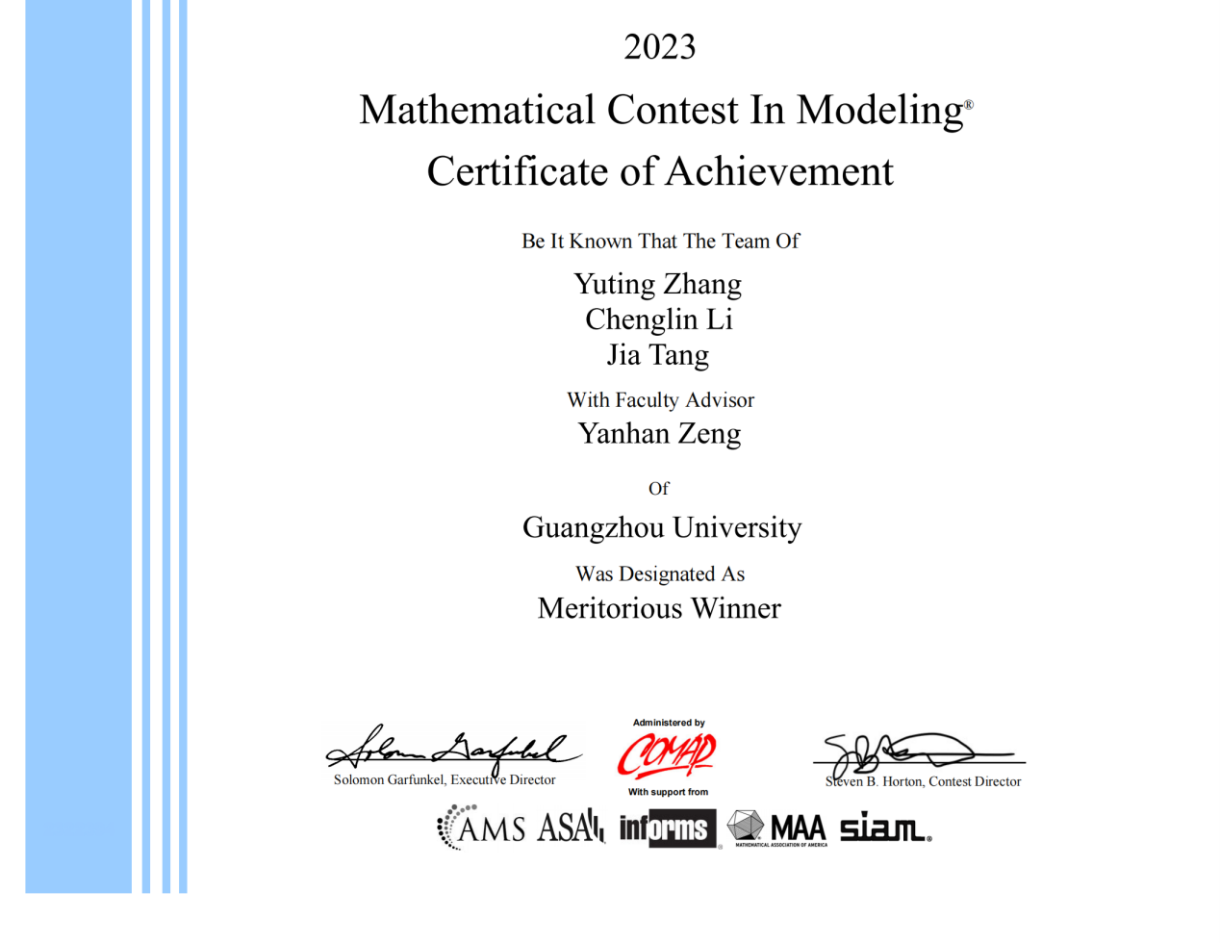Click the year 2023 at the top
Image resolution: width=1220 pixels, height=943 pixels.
pos(659,46)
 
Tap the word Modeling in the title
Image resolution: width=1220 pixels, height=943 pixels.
pos(879,111)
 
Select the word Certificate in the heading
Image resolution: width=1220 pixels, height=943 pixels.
pos(518,171)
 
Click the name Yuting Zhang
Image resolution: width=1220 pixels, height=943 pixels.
pos(658,284)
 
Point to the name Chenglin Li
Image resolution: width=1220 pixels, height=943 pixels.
pos(658,319)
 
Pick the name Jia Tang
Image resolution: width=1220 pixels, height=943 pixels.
pos(658,355)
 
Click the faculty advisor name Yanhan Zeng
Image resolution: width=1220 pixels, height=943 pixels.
pos(659,434)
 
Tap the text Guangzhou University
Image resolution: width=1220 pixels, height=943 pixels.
pos(662,527)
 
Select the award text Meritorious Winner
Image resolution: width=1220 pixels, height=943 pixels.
pos(659,608)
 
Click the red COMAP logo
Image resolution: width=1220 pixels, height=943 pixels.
pos(667,755)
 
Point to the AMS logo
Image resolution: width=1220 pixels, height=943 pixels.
pos(481,828)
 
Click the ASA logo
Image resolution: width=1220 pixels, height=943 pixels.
pos(571,828)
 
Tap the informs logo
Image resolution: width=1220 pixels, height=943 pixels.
pos(668,828)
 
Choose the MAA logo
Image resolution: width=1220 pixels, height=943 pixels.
pos(777,828)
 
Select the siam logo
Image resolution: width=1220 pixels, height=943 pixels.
pos(884,828)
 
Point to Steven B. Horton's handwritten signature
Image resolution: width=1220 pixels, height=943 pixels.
pos(900,752)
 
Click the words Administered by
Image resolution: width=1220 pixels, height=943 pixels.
pos(669,723)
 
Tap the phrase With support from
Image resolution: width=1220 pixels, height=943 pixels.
pos(669,792)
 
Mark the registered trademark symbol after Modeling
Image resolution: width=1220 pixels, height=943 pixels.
pos(969,104)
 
